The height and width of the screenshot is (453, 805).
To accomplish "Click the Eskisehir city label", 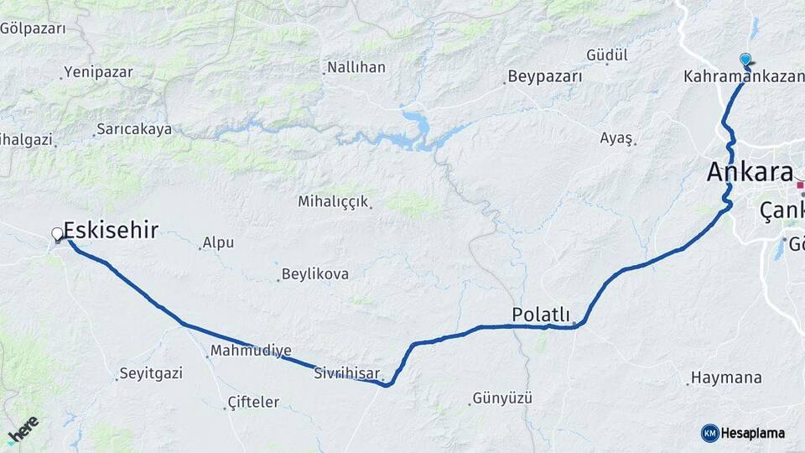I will pyautogui.click(x=111, y=231).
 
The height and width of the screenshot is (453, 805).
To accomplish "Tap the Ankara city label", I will pyautogui.click(x=750, y=172).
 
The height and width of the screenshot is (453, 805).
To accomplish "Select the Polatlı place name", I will pyautogui.click(x=540, y=314).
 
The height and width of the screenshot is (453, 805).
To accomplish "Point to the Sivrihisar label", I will pyautogui.click(x=347, y=372).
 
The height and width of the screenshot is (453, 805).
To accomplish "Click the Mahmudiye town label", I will pyautogui.click(x=251, y=351).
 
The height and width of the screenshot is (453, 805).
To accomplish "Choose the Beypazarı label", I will pyautogui.click(x=545, y=76).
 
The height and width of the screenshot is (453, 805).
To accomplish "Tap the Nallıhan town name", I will pyautogui.click(x=356, y=67).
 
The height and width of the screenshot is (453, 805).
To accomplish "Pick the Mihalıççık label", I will pyautogui.click(x=335, y=201).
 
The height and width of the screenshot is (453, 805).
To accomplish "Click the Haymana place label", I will pyautogui.click(x=726, y=377).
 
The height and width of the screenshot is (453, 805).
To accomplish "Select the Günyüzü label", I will pyautogui.click(x=502, y=398).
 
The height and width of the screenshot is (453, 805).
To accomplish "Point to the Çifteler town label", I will pyautogui.click(x=253, y=403).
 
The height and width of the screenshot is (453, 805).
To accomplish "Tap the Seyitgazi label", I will pyautogui.click(x=151, y=373).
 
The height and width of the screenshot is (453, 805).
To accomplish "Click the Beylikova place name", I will pyautogui.click(x=314, y=274).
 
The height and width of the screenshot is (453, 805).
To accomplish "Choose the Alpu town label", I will pyautogui.click(x=217, y=243).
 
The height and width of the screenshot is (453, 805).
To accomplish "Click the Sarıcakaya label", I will pyautogui.click(x=133, y=129).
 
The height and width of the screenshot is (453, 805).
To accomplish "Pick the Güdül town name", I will pyautogui.click(x=607, y=55).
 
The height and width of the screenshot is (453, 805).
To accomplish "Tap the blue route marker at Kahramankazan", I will pyautogui.click(x=745, y=60).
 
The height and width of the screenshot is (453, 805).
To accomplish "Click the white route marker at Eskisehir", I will pyautogui.click(x=57, y=234).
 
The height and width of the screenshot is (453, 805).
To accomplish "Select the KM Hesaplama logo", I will pyautogui.click(x=743, y=433).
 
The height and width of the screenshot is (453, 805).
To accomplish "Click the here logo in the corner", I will pyautogui.click(x=23, y=429).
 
